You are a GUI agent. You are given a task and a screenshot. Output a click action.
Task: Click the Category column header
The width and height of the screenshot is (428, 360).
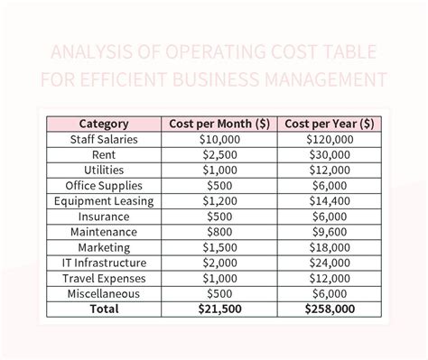point(104,124)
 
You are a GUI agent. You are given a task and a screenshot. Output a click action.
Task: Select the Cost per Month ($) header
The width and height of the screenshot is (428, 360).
point(217,124)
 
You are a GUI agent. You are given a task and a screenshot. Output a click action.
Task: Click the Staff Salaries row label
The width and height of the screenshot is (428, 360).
point(104,139)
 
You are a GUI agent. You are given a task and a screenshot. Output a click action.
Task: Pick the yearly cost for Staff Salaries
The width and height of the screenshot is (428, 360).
point(329,139)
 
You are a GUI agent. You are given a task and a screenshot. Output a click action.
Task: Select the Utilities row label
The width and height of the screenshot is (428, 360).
point(104,170)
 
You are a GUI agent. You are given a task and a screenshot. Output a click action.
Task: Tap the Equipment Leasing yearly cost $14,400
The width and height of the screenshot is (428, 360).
point(329,200)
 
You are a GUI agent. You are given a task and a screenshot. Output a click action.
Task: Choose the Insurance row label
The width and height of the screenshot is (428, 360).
point(104,216)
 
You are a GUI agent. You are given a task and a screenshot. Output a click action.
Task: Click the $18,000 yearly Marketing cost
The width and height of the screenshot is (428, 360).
point(329,246)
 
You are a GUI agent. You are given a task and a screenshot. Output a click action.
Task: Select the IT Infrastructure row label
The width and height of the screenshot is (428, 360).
point(104,262)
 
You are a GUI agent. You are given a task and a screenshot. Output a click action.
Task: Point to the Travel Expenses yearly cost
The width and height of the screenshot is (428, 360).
point(329,277)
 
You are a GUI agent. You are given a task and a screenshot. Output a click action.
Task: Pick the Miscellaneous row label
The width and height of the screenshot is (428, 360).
point(104,292)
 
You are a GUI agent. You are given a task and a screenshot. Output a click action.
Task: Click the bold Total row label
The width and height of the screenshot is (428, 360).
point(104,309)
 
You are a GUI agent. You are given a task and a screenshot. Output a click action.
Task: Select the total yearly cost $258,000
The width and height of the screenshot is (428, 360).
point(329,309)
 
